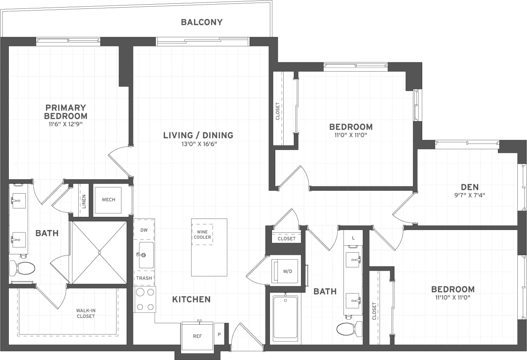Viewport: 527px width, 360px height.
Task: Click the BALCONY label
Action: tap(202, 22)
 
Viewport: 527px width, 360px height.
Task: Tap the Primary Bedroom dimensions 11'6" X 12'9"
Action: tap(66, 124)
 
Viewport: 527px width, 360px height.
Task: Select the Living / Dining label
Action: tap(198, 135)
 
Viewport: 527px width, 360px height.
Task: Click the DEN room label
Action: tap(470, 187)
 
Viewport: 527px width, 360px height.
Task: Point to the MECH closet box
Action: tap(108, 200)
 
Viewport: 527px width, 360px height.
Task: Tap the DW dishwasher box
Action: tap(144, 230)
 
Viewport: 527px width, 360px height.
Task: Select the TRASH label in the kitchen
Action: tap(144, 278)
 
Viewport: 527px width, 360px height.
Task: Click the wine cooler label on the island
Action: tap(202, 235)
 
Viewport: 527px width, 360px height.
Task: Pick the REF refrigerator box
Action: tap(197, 336)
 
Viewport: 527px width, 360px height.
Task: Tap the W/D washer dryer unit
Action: tap(287, 272)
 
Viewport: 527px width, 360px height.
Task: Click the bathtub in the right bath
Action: tap(285, 318)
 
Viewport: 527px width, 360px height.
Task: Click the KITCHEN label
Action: tap(191, 299)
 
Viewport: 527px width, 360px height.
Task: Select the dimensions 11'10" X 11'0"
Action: tap(452, 297)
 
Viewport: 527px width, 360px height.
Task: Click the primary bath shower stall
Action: tap(99, 253)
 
